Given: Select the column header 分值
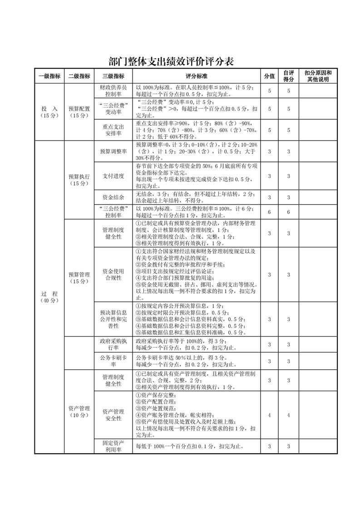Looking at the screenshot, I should tap(269, 76).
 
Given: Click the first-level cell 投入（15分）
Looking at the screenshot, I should tap(49, 112).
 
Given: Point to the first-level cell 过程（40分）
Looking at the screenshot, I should tap(49, 297).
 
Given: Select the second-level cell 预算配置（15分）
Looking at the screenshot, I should tap(79, 112).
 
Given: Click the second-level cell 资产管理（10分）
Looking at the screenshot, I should tap(79, 411).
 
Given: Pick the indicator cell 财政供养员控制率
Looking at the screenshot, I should tap(113, 91).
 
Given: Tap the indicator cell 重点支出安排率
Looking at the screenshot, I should tap(113, 130).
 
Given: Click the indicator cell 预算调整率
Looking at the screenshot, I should tap(113, 151).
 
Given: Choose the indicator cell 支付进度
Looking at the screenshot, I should tap(113, 176).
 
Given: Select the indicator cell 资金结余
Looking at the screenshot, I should tap(113, 197).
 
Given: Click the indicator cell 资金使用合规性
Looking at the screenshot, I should tap(113, 274).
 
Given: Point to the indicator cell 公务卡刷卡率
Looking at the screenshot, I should tap(113, 361).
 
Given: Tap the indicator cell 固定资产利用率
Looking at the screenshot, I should tap(113, 446).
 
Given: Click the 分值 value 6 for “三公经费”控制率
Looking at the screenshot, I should tap(269, 212).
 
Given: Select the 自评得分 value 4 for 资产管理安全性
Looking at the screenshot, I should tap(288, 415).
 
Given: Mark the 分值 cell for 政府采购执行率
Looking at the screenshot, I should tap(269, 345).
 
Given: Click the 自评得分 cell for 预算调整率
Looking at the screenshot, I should tap(288, 151).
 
